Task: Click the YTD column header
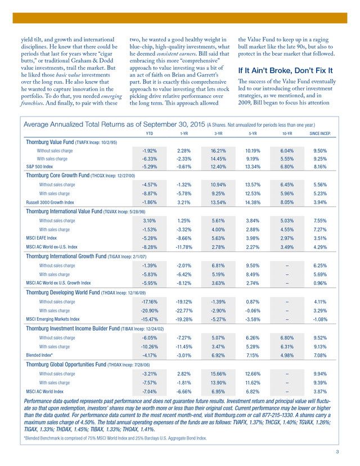(x=149, y=134)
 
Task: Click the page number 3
(x=336, y=452)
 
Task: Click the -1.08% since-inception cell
(x=320, y=318)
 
